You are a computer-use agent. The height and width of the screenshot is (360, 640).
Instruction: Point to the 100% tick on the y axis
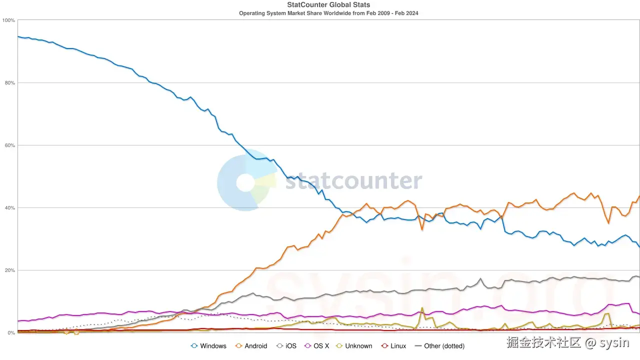[x=8, y=20]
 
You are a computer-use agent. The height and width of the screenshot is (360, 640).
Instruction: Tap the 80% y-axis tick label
[x=9, y=83]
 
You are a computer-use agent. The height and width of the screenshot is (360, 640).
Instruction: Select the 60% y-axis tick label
[x=9, y=145]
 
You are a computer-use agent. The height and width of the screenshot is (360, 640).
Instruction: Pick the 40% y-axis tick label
[x=9, y=208]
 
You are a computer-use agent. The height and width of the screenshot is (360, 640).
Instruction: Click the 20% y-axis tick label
[x=9, y=270]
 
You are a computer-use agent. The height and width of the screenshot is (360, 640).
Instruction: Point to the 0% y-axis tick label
[x=11, y=333]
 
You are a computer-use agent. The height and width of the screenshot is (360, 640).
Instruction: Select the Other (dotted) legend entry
[x=440, y=346]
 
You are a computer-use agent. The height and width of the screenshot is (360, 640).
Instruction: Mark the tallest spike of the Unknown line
[x=422, y=308]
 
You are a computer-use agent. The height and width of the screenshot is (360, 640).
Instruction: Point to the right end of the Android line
[x=639, y=196]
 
